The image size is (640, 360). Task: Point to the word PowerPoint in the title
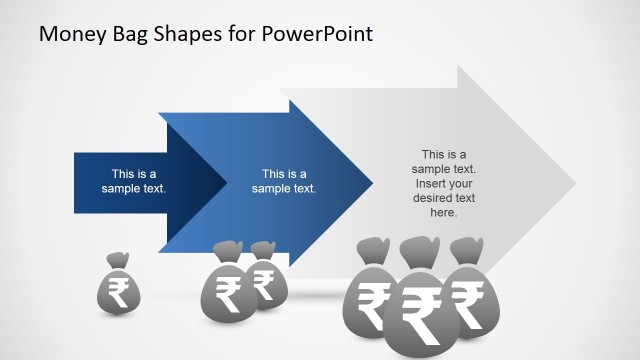point(322,34)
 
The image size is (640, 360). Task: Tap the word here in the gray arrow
point(444,212)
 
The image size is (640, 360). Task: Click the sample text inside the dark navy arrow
point(133,181)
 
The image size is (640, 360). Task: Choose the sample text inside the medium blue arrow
point(284,181)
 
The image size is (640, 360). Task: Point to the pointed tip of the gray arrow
point(574,181)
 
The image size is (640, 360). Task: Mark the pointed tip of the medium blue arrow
point(371,181)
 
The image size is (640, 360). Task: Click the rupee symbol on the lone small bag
point(118,293)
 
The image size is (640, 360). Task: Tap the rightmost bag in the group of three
point(467,295)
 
